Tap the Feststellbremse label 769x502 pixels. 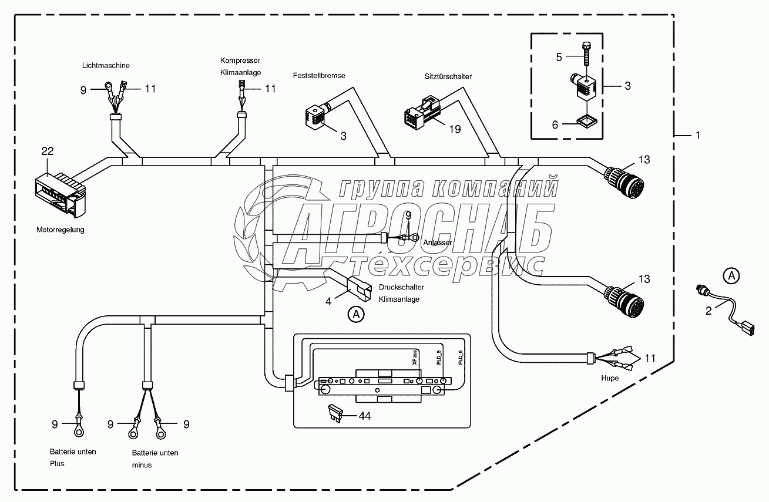pyautogui.click(x=319, y=76)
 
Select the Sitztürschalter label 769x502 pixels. pyautogui.click(x=448, y=76)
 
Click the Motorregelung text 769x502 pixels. pyautogui.click(x=61, y=230)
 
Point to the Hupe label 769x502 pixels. pyautogui.click(x=610, y=378)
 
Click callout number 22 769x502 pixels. pyautogui.click(x=47, y=151)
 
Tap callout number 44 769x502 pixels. pyautogui.click(x=365, y=416)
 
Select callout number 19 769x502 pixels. pyautogui.click(x=455, y=129)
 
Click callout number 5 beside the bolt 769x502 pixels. pyautogui.click(x=559, y=57)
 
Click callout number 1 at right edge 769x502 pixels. pyautogui.click(x=698, y=136)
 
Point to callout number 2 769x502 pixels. pyautogui.click(x=708, y=311)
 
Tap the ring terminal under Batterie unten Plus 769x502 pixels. pyautogui.click(x=78, y=433)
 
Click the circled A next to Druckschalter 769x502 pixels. pyautogui.click(x=356, y=315)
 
